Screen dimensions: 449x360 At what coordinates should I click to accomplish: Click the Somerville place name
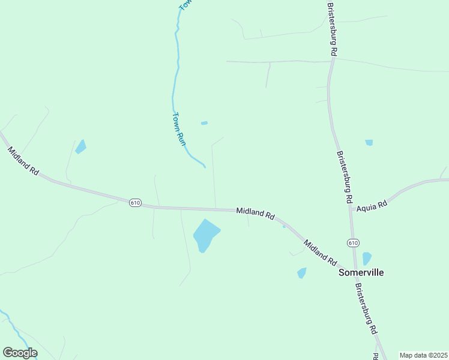361,272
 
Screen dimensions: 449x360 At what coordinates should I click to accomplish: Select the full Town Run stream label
178,128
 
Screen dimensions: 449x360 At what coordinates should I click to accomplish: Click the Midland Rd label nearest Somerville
320,253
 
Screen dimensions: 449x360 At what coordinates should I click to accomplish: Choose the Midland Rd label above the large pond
255,212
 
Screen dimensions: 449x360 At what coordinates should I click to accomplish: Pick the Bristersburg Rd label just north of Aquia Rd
344,176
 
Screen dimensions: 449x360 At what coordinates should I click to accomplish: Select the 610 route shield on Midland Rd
135,203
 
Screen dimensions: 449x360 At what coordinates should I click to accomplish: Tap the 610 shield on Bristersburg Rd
353,242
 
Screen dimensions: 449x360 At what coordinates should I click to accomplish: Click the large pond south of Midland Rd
206,235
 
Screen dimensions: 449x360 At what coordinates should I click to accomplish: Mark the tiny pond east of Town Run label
204,123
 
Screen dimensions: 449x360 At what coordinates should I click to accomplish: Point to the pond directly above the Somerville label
367,259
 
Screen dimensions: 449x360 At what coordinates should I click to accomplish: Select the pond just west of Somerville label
302,273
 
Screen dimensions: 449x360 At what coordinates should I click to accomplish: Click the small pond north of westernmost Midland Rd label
80,146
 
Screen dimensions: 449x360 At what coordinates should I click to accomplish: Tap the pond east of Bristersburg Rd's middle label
369,143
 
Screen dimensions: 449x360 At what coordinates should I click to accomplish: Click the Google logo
20,353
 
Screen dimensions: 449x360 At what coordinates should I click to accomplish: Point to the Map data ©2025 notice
423,355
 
